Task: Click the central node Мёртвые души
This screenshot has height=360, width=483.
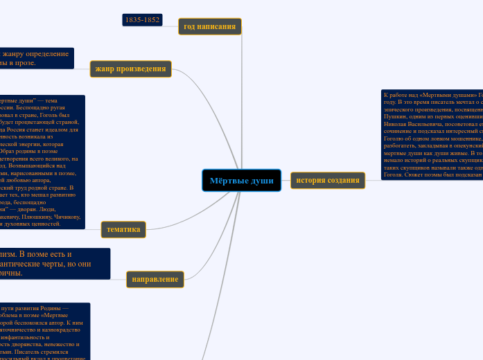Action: click(241, 181)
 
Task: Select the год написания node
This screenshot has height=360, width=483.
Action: click(209, 27)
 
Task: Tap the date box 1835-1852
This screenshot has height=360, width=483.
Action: click(142, 20)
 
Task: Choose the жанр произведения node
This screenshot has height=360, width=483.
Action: click(130, 69)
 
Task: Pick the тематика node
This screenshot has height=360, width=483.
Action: click(123, 229)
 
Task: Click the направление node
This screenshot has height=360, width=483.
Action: click(155, 279)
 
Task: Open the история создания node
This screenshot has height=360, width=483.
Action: click(327, 181)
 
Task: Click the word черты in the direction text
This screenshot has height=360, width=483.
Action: click(60, 264)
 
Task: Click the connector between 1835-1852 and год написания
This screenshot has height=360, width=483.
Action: click(170, 23)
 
